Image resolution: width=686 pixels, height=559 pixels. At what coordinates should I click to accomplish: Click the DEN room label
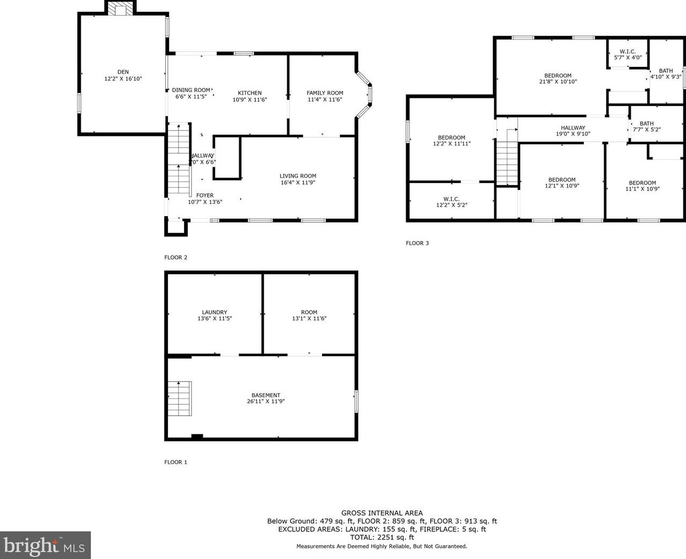click(x=123, y=72)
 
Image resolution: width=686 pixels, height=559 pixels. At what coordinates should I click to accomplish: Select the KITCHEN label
click(x=250, y=93)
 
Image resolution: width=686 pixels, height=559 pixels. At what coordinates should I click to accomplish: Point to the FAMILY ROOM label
click(x=325, y=93)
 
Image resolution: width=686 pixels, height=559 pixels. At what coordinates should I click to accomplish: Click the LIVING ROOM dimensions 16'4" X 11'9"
click(x=298, y=182)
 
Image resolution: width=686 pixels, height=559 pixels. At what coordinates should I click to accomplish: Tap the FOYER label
click(x=205, y=196)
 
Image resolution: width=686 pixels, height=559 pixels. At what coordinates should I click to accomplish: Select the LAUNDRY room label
click(x=215, y=312)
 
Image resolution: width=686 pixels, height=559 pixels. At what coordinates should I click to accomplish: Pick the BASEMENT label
click(x=266, y=396)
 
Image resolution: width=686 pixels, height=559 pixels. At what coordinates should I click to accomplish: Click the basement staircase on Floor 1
click(x=180, y=399)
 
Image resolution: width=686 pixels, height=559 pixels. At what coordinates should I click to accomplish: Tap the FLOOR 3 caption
click(x=417, y=243)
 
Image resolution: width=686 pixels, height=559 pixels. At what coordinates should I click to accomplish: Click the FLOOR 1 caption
click(x=176, y=462)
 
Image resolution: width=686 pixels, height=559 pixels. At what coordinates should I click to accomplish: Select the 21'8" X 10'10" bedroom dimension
click(x=558, y=82)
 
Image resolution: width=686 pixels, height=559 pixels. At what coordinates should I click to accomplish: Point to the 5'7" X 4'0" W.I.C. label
click(x=628, y=57)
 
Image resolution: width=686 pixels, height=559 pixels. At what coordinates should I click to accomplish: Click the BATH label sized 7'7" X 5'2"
click(x=646, y=124)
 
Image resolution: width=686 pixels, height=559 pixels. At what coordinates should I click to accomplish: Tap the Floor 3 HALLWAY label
click(x=573, y=128)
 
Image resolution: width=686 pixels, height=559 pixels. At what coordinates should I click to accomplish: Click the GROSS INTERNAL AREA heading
click(x=382, y=513)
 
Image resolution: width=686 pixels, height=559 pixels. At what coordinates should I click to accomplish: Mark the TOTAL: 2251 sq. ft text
click(x=382, y=537)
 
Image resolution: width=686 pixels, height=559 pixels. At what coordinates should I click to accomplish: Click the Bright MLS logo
click(x=45, y=546)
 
